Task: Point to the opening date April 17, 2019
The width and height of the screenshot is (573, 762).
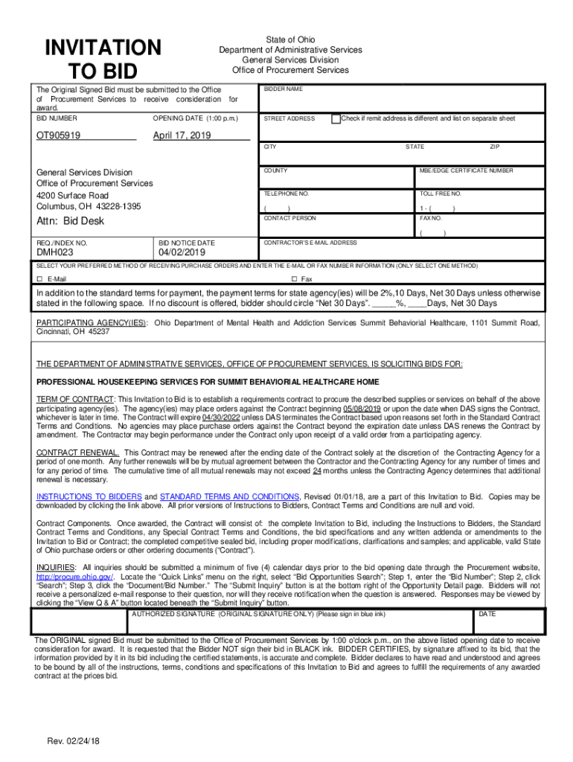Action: [182, 135]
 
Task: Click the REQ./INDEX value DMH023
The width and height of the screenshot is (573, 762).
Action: [55, 253]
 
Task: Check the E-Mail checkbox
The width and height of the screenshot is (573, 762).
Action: [40, 279]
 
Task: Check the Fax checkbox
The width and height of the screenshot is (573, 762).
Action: [293, 279]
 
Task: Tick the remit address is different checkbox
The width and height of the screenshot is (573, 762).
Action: [336, 118]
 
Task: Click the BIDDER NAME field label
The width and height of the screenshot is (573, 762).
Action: [284, 89]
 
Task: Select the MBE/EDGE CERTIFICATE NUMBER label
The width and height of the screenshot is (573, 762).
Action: [466, 170]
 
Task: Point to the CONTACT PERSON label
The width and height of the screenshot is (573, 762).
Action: [289, 218]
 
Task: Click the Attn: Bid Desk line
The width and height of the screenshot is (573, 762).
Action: [71, 221]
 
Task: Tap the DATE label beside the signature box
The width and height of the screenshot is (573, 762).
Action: [487, 614]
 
